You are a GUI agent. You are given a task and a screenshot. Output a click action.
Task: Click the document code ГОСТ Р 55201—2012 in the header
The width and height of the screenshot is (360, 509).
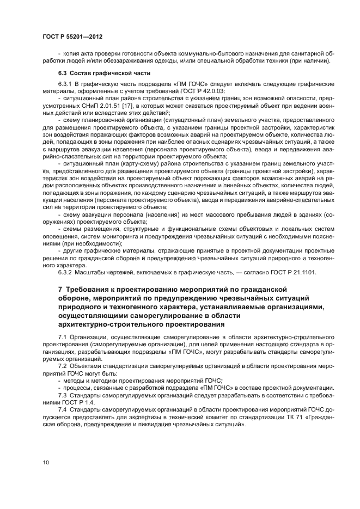72,35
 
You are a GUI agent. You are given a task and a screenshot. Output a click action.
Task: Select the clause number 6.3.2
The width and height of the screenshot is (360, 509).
66,272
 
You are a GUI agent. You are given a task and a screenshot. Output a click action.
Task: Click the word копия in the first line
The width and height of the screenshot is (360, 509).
71,54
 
